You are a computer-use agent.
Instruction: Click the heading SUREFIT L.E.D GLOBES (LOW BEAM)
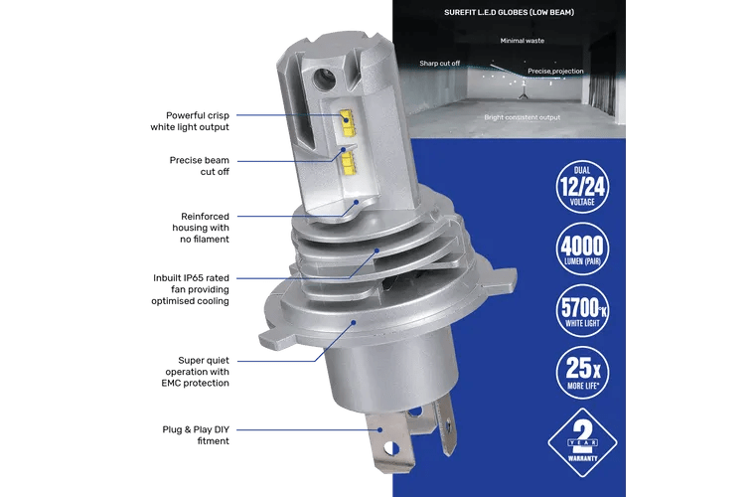(x=509, y=13)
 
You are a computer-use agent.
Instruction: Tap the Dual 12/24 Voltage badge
(x=582, y=187)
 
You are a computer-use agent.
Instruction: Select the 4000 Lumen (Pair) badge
(x=582, y=248)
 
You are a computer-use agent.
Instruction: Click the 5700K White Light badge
(x=582, y=310)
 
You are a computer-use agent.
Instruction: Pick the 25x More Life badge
(x=582, y=373)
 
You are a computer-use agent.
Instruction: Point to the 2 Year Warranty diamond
(x=582, y=442)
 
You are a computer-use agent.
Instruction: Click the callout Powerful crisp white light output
(x=190, y=121)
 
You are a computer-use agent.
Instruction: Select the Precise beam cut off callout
(x=199, y=166)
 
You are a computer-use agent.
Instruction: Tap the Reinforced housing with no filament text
(x=201, y=228)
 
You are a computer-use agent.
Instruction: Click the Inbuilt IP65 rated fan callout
(x=190, y=289)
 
